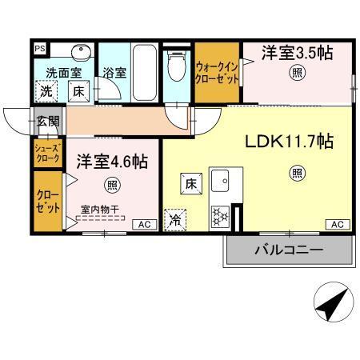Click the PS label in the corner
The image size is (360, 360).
click(39, 47)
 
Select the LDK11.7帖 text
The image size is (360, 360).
click(288, 142)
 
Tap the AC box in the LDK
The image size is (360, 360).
click(337, 225)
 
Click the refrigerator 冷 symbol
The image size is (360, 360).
click(174, 218)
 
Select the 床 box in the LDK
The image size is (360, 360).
click(192, 181)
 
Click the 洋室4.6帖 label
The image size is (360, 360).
click(112, 162)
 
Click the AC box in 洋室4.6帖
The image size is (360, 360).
click(145, 225)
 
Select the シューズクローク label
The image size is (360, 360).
click(45, 154)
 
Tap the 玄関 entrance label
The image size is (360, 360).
click(46, 122)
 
